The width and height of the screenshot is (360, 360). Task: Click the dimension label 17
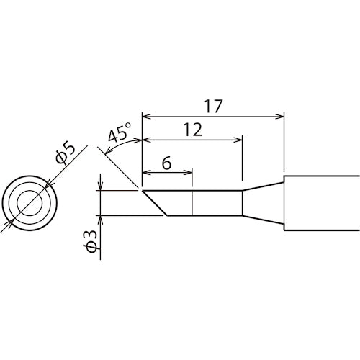pyautogui.click(x=213, y=107)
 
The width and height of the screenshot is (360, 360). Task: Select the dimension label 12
pyautogui.click(x=193, y=130)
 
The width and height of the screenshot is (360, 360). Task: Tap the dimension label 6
pyautogui.click(x=167, y=163)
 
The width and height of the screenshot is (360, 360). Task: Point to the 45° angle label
pyautogui.click(x=120, y=132)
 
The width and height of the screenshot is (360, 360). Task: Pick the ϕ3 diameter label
pyautogui.click(x=91, y=241)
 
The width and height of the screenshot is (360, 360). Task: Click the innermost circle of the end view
pyautogui.click(x=30, y=203)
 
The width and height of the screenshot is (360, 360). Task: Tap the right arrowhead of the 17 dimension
pyautogui.click(x=280, y=117)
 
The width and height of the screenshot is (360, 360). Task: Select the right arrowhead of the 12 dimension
pyautogui.click(x=238, y=140)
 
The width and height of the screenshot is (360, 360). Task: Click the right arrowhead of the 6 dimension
pyautogui.click(x=188, y=172)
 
